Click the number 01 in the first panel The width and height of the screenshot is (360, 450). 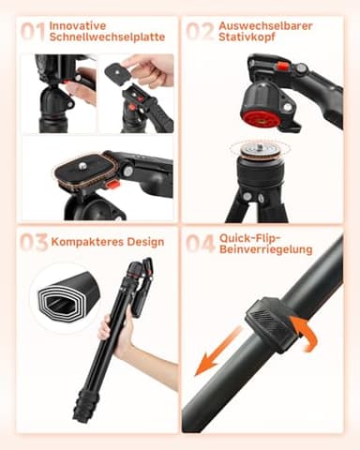coord(34,32)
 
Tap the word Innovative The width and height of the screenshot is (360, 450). coord(78,25)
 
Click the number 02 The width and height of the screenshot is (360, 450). coord(200,32)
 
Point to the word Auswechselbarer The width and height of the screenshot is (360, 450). coord(266,25)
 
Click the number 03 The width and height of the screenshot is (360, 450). coord(34,243)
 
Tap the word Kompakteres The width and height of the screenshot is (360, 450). coord(84,242)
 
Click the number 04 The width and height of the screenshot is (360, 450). coord(200,244)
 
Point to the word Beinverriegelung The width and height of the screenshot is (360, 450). coord(265,250)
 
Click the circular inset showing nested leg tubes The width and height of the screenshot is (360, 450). coord(65,296)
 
